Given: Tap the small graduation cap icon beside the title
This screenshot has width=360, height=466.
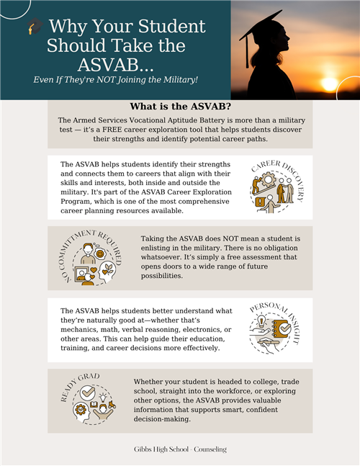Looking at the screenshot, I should coord(33,28).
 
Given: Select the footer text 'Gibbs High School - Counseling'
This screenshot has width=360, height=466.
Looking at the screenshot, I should coord(179,449).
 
